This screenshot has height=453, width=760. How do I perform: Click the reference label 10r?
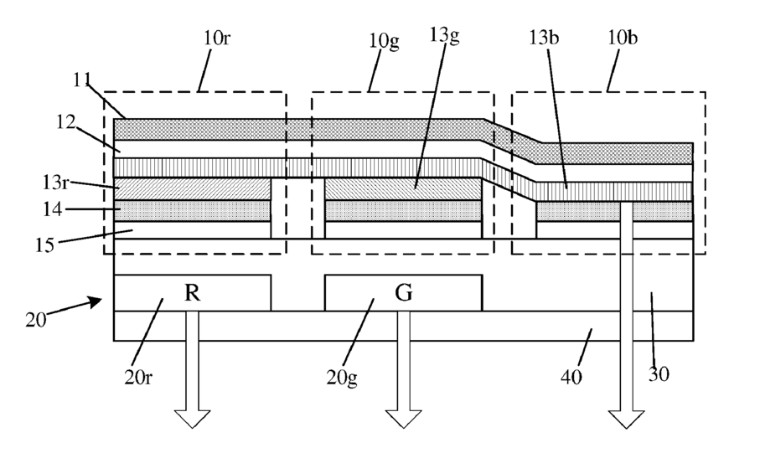(x=216, y=38)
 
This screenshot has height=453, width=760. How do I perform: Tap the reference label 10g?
(x=384, y=41)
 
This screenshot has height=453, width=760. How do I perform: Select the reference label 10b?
(x=623, y=38)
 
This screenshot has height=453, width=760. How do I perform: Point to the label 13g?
(x=444, y=35)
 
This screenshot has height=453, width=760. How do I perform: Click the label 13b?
(x=543, y=38)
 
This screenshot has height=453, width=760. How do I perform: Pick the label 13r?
(x=55, y=183)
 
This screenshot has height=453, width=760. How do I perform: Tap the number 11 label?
(x=82, y=80)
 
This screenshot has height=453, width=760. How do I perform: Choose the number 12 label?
(x=66, y=122)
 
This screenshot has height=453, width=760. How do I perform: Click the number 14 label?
(x=52, y=209)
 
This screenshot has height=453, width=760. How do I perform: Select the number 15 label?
(x=44, y=245)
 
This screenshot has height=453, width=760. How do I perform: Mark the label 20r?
(x=138, y=377)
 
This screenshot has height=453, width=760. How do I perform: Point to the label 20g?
(x=342, y=378)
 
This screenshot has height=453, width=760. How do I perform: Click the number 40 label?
(x=571, y=377)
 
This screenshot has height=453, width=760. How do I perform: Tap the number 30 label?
(x=659, y=374)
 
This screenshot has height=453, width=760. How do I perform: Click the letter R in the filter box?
(x=192, y=292)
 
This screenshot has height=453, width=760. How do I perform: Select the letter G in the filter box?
(x=404, y=292)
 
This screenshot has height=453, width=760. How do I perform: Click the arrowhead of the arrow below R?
(x=192, y=420)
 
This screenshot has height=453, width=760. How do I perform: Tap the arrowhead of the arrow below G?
(x=403, y=420)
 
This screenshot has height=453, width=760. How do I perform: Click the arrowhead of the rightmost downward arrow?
(x=626, y=420)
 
